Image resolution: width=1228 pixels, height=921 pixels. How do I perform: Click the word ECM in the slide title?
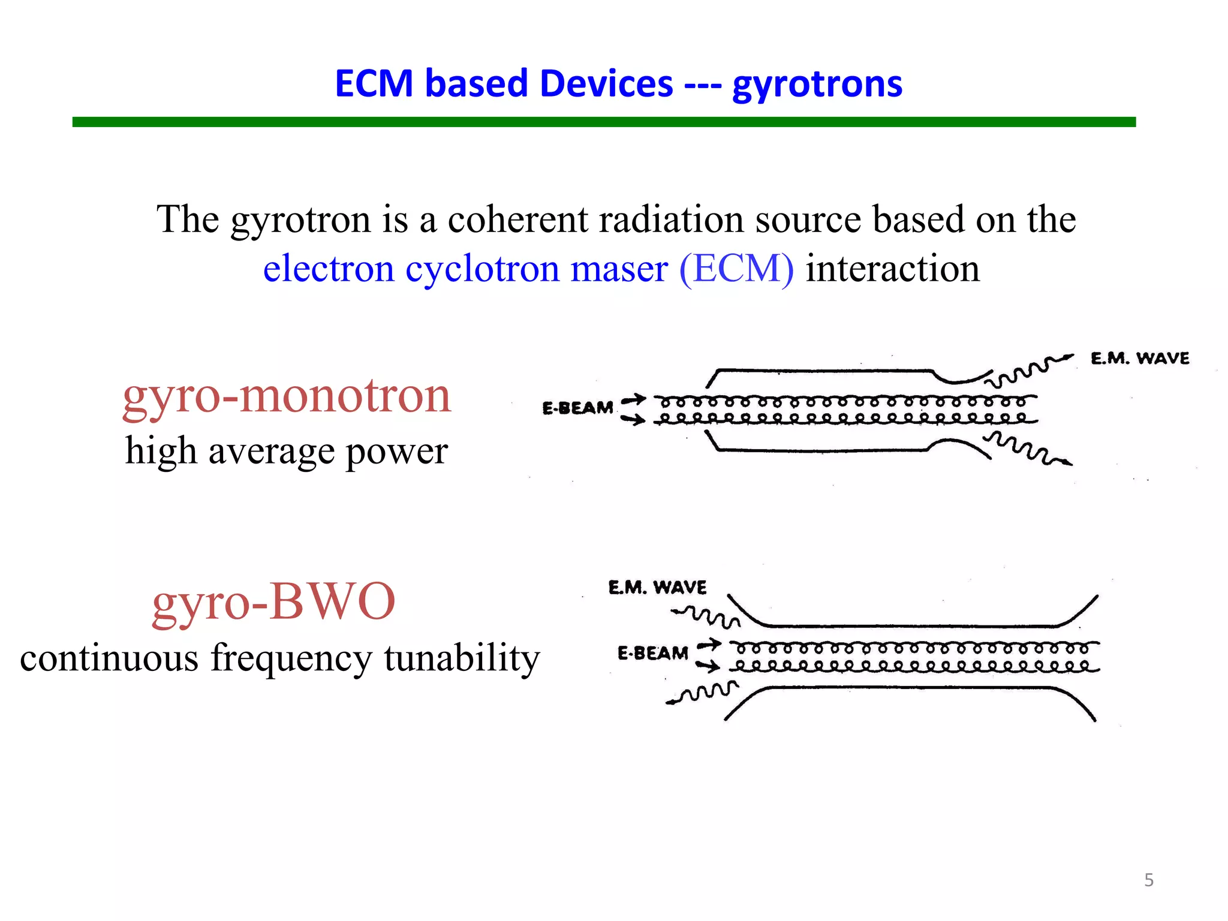click(x=374, y=83)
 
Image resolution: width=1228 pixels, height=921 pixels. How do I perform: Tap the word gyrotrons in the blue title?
click(x=817, y=85)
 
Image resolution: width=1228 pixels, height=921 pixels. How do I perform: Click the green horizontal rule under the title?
click(x=604, y=122)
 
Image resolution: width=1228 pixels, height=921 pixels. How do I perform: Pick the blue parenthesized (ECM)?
click(x=736, y=269)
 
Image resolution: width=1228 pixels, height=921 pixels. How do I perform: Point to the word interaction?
click(x=892, y=269)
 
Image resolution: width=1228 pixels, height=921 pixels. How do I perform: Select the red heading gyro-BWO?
click(x=273, y=601)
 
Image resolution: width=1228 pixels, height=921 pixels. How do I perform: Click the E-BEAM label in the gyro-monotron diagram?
click(x=577, y=408)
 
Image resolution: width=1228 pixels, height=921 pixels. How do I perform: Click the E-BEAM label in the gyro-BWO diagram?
click(x=652, y=653)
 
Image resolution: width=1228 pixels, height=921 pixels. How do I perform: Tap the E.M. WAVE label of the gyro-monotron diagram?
click(x=1139, y=359)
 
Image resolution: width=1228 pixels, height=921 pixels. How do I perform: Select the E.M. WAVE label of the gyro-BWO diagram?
click(x=657, y=587)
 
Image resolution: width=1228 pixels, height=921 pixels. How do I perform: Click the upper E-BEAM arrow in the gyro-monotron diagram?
click(x=633, y=399)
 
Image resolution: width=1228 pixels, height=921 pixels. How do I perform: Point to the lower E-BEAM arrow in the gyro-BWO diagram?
click(x=708, y=666)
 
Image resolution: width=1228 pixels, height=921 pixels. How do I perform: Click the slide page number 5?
click(x=1148, y=880)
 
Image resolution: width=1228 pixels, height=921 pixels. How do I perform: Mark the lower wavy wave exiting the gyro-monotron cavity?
click(x=1028, y=449)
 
